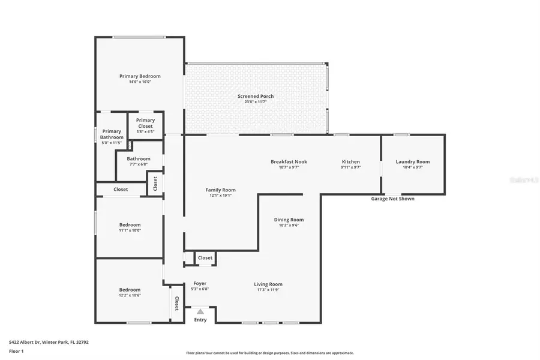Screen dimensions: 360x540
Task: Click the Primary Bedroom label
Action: [140, 76]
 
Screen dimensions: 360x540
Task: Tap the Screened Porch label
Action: [256, 96]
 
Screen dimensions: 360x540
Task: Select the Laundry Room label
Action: [412, 162]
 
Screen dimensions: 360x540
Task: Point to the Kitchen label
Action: [350, 162]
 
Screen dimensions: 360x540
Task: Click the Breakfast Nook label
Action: [289, 162]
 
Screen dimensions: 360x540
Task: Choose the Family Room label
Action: [220, 190]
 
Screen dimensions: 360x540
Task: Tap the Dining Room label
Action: [289, 220]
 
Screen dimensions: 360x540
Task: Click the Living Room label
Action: [268, 284]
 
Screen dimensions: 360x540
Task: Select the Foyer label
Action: [200, 284]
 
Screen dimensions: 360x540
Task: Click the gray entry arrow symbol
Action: [200, 311]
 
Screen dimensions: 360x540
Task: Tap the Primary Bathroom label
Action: [112, 134]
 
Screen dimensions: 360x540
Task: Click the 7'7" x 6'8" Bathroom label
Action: [138, 159]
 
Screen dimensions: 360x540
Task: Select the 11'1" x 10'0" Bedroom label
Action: [130, 225]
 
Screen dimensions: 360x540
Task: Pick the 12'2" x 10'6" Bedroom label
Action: [130, 290]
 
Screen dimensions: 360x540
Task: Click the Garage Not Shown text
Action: [392, 199]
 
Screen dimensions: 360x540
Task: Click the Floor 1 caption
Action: [16, 351]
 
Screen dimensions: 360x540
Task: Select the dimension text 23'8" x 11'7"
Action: [256, 102]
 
